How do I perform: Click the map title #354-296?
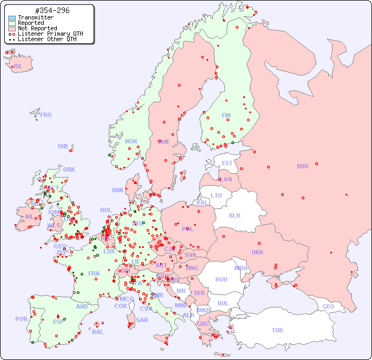pos(52,11)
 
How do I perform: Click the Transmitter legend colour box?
pos(12,18)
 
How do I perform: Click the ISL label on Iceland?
pos(18,67)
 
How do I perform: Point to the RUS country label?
pos(302,166)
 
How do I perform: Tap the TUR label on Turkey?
pos(277,330)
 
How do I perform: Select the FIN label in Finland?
pos(226,115)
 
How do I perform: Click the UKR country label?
pos(257,252)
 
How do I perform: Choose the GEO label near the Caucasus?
pos(328,306)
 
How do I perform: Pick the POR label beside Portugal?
pos(21,319)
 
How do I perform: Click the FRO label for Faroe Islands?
pos(46,115)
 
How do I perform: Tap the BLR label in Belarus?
pos(235,215)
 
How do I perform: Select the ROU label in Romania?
pos(221,279)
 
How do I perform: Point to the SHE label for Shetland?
pos(63,146)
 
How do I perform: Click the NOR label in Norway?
pos(131,141)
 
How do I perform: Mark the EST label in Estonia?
pos(227,163)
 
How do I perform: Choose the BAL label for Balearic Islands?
pos(98,332)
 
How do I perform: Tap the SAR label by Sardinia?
pos(142,320)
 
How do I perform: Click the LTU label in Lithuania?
pos(216,195)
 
